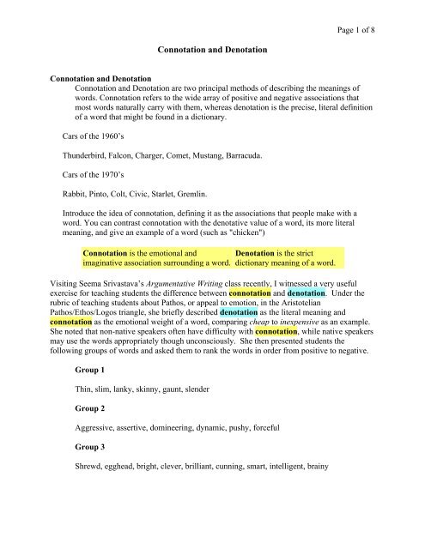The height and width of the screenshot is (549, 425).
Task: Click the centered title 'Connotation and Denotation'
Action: coord(212,50)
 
